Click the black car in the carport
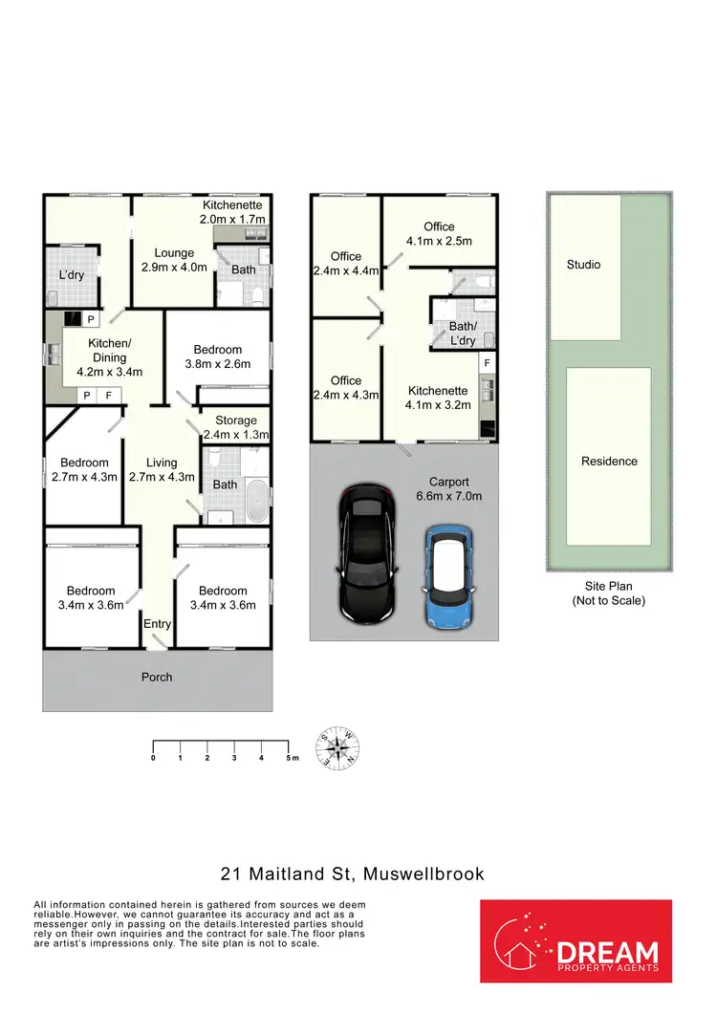[x=367, y=553]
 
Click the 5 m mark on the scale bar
[x=289, y=757]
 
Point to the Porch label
[x=157, y=678]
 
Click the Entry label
[x=157, y=624]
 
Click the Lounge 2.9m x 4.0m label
[x=174, y=260]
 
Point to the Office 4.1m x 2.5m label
[x=439, y=233]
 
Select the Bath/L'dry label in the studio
[x=462, y=333]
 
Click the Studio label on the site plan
[x=583, y=265]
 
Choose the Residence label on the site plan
[x=609, y=462]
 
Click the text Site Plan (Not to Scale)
[x=609, y=593]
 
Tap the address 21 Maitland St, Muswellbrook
[x=352, y=874]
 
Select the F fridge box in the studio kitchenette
[x=487, y=364]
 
